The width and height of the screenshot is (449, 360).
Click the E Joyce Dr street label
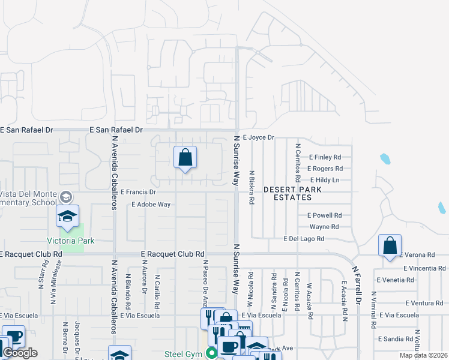(258, 137)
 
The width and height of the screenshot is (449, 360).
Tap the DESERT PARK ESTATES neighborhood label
(293, 193)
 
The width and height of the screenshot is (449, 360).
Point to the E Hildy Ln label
(325, 180)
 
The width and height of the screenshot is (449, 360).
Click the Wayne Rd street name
(324, 227)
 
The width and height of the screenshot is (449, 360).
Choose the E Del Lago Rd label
(304, 239)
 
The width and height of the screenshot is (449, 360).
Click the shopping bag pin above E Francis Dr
(185, 158)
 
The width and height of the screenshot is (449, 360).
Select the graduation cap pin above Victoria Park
(68, 217)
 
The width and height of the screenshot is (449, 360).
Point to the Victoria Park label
(71, 241)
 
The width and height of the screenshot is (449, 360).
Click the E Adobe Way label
(151, 205)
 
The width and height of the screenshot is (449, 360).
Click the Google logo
(20, 353)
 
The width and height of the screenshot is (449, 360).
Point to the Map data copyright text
(423, 355)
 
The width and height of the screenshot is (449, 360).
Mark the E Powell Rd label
(324, 215)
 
